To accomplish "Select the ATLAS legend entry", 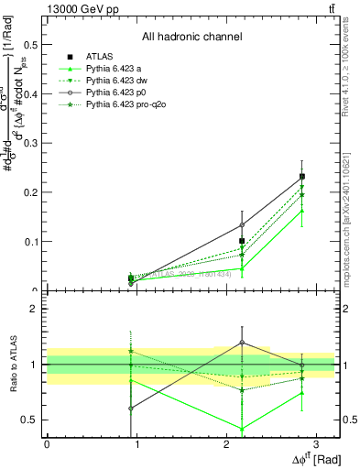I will pos(99,57).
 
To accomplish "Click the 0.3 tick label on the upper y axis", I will pos(30,143).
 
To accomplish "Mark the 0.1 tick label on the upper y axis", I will pos(30,242).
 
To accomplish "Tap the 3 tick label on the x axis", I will pos(316,444).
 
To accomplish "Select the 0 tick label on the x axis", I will pos(47,444).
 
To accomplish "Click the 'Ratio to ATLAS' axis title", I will pos(12,364).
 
